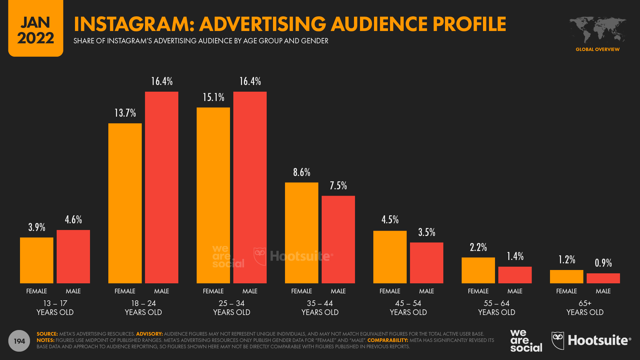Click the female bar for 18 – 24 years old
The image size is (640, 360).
[x=125, y=203]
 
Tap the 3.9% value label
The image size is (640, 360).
[x=37, y=227]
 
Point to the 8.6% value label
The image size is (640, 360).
[x=302, y=172]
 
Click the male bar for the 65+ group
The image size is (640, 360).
[x=603, y=278]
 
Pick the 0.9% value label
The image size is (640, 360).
[x=603, y=263]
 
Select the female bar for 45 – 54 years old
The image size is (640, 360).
[x=390, y=257]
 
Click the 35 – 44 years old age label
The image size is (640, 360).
[x=320, y=308]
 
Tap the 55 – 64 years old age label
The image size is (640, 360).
[x=497, y=308]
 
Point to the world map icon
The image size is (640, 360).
[x=597, y=30]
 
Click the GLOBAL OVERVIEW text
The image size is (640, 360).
[x=597, y=49]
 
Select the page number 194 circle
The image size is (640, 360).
[x=19, y=341]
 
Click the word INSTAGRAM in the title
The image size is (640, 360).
[x=133, y=24]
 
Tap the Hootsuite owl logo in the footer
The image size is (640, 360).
[x=558, y=340]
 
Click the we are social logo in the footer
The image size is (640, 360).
[x=526, y=341]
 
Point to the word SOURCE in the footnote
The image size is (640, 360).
[x=47, y=334]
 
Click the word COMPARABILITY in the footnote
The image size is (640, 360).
[x=387, y=340]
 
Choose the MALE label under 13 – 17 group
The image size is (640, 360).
[x=73, y=291]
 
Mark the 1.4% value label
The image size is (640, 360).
[x=515, y=256]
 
